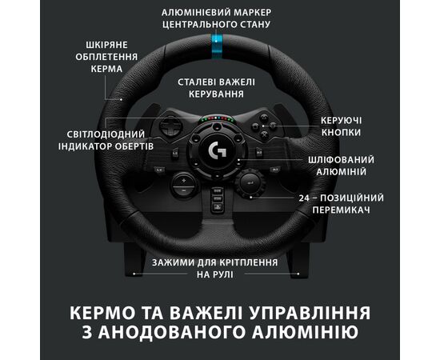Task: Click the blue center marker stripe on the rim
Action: (216, 46)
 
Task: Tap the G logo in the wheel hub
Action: (218, 150)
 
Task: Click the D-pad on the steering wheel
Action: (170, 126)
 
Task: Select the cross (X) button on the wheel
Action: (264, 134)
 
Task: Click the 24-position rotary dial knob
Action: (250, 183)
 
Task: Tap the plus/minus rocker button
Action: (184, 185)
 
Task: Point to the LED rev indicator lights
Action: (216, 119)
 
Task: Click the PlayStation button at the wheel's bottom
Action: (217, 207)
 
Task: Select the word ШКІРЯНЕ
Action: (106, 45)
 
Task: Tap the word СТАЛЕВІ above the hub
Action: (197, 82)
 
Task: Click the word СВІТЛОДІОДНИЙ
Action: (106, 134)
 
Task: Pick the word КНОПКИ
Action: (341, 133)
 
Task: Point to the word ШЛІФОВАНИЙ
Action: (341, 160)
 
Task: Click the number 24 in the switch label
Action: (304, 198)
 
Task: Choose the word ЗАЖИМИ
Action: (173, 262)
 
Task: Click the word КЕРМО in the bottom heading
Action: (102, 313)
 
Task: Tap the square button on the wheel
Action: (256, 126)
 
